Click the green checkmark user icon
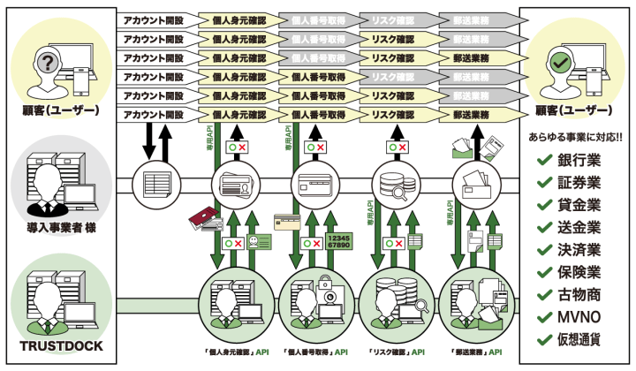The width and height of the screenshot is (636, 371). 560,64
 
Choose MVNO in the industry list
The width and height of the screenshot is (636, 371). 579,316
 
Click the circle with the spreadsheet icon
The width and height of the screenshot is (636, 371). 155,185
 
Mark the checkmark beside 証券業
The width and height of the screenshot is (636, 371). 543,184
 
